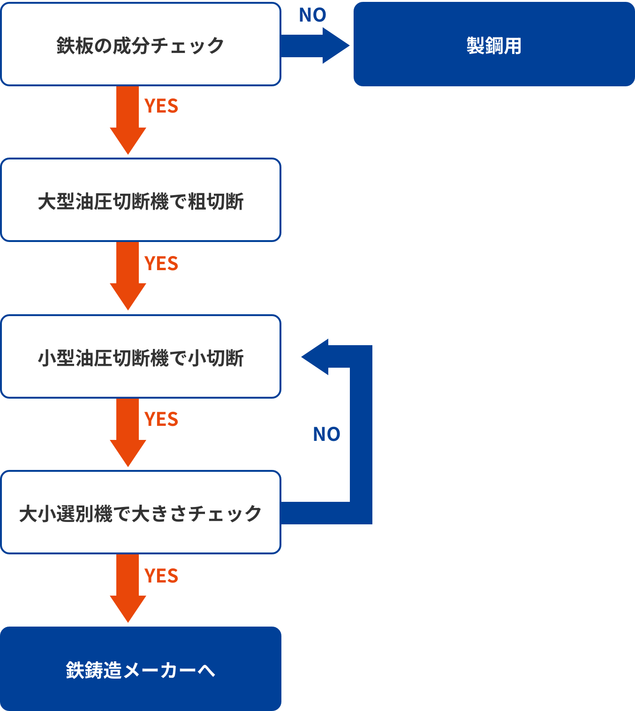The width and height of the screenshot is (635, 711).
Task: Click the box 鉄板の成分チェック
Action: (x=141, y=45)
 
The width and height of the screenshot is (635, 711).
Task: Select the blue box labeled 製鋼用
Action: (x=494, y=45)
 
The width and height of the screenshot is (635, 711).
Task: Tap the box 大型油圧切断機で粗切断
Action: (x=141, y=200)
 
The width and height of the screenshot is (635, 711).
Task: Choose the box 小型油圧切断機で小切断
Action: (x=141, y=357)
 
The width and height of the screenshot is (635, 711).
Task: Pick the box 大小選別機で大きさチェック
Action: (x=141, y=513)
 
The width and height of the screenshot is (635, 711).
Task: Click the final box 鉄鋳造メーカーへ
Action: (x=141, y=669)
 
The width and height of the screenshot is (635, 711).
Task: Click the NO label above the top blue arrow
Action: (x=312, y=15)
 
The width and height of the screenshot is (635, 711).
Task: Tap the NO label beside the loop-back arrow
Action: (x=326, y=434)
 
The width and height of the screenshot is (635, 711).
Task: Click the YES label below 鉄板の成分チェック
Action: (x=161, y=106)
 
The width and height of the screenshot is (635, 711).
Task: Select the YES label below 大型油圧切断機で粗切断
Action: (x=161, y=264)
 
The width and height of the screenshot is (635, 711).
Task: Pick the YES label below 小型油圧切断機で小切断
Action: (x=161, y=419)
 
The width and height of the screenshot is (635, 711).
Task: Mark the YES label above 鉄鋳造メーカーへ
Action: (x=161, y=576)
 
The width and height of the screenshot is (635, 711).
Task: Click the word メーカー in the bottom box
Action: (x=159, y=670)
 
